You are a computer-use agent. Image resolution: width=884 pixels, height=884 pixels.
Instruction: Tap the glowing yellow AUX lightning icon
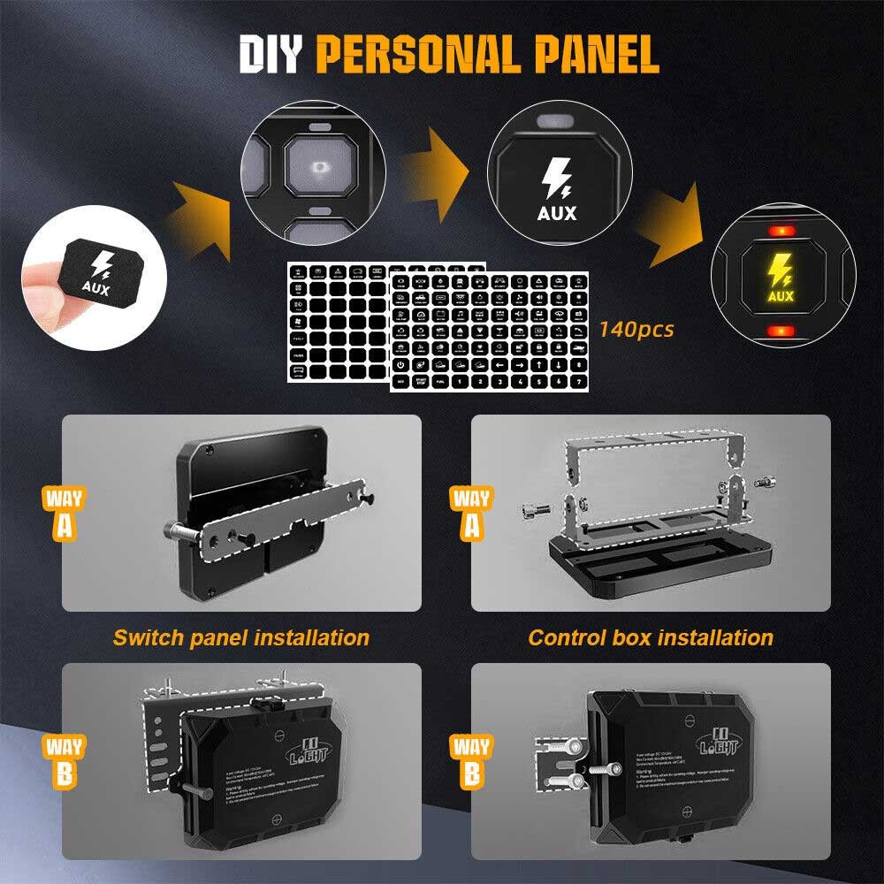pos(780,271)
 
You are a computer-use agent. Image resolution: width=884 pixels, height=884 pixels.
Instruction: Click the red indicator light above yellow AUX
pos(780,232)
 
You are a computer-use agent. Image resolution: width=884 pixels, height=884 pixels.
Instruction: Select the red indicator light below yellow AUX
pos(780,331)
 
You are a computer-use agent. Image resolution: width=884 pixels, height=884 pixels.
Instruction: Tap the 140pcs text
pos(636,330)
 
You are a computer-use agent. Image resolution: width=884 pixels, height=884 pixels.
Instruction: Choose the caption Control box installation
pos(651,637)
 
